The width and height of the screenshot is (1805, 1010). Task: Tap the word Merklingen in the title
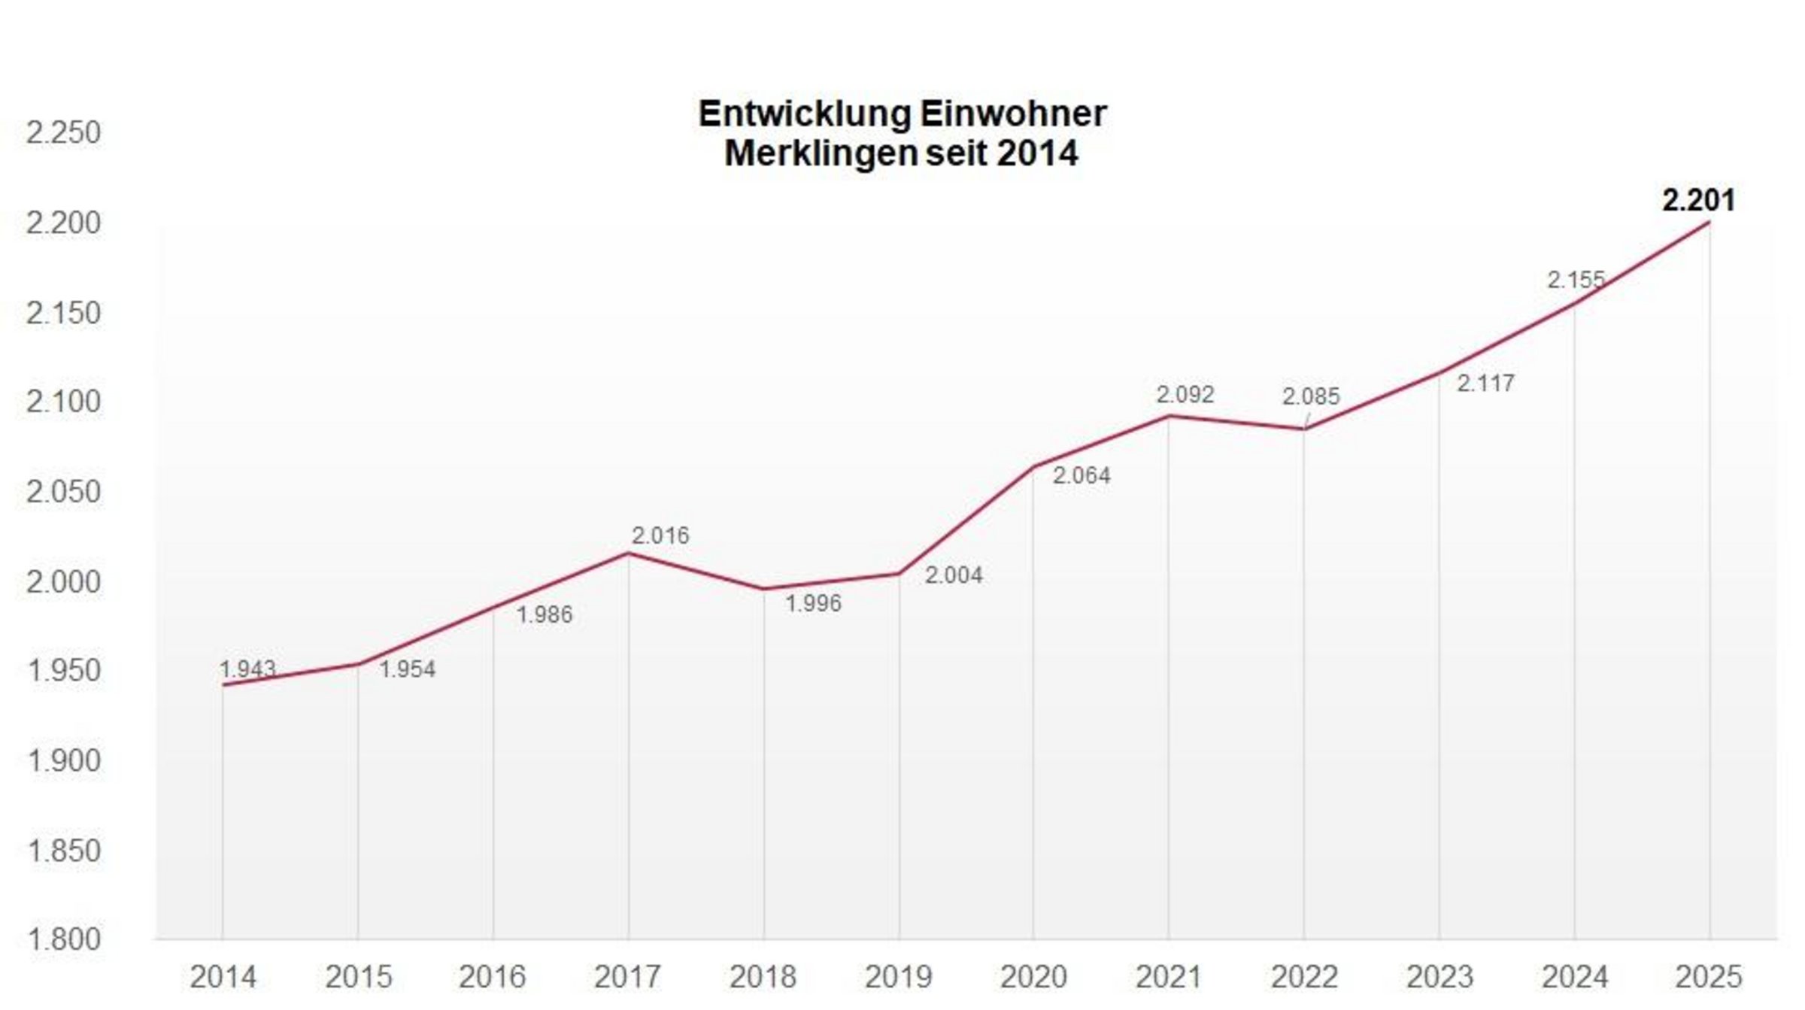820,153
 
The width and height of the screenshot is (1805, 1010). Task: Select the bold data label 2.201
1698,201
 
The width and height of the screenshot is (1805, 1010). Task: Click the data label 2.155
1576,281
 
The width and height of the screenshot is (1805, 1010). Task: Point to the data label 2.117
1485,384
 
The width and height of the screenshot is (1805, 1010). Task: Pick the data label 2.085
1311,396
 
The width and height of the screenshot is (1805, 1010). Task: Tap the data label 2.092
1185,395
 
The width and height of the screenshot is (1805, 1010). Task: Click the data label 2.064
1081,475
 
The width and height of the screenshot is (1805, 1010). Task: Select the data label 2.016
660,535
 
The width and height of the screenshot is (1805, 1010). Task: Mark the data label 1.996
813,603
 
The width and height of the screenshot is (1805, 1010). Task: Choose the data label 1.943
247,669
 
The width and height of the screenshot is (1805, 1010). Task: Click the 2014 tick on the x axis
223,977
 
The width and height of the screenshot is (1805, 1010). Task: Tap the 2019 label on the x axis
898,977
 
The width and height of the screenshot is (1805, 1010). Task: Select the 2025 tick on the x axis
1709,977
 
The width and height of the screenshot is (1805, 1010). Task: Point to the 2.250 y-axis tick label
63,133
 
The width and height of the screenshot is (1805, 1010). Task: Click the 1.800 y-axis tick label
63,939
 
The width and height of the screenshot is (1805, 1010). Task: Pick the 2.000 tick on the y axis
63,581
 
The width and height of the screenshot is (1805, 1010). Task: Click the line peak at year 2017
628,554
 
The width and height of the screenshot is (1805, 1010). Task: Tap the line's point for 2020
1033,467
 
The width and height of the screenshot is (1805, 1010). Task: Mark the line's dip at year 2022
1304,429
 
